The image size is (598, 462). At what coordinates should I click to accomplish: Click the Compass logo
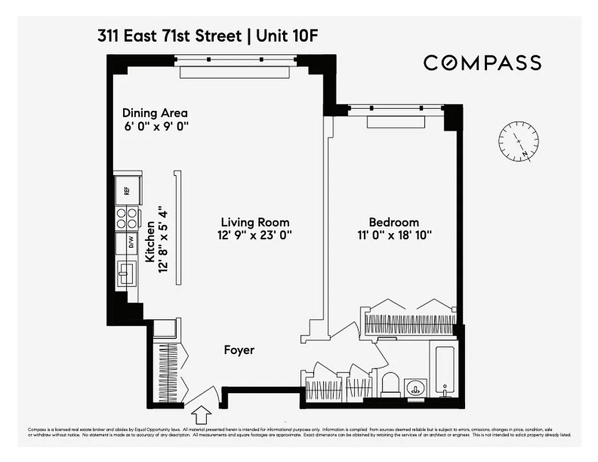[x=482, y=62]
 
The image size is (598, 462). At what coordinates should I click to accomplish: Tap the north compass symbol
[x=518, y=141]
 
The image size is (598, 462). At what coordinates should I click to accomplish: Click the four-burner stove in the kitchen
[x=127, y=218]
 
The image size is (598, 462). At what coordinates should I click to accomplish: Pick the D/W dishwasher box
[x=127, y=243]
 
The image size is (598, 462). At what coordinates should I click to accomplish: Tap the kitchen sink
[x=125, y=273]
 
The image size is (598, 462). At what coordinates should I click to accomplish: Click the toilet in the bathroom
[x=391, y=384]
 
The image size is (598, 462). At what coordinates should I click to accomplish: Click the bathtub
[x=444, y=370]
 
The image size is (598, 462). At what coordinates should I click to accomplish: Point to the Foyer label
[x=239, y=350]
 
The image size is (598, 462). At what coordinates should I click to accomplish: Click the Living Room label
[x=255, y=222]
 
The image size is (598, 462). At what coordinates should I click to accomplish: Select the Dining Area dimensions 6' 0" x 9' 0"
[x=157, y=126]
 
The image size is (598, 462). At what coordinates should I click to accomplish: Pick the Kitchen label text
[x=150, y=243]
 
